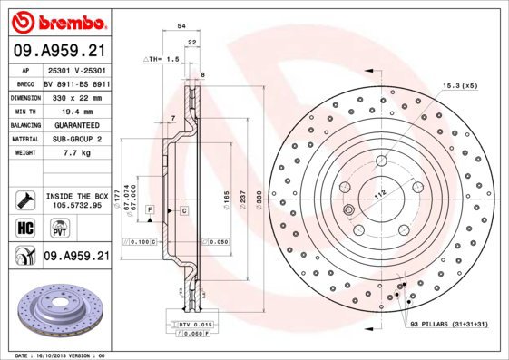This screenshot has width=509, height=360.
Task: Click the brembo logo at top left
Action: pyautogui.click(x=56, y=20)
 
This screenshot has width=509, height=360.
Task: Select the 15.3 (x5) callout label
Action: pyautogui.click(x=460, y=85)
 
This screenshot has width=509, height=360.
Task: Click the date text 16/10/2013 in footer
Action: pyautogui.click(x=59, y=355)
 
